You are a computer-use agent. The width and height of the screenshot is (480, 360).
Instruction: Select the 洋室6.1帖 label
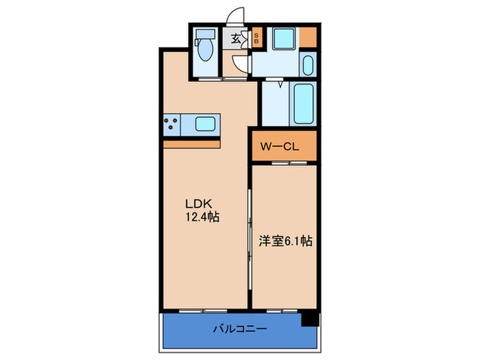[x=285, y=241]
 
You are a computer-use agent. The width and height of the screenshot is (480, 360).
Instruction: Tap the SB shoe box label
[x=256, y=38]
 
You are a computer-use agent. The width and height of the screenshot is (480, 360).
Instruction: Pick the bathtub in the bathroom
[x=303, y=104]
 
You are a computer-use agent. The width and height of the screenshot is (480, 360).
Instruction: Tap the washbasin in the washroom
[x=308, y=67]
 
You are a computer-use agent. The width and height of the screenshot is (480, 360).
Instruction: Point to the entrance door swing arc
[x=236, y=15]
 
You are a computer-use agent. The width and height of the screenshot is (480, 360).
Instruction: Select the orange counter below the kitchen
[x=192, y=143]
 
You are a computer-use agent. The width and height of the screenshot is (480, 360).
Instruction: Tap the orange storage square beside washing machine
[x=309, y=35]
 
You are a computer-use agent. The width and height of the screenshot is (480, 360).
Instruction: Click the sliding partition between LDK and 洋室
[x=250, y=233]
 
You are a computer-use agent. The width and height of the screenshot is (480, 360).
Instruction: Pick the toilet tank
[x=204, y=35]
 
